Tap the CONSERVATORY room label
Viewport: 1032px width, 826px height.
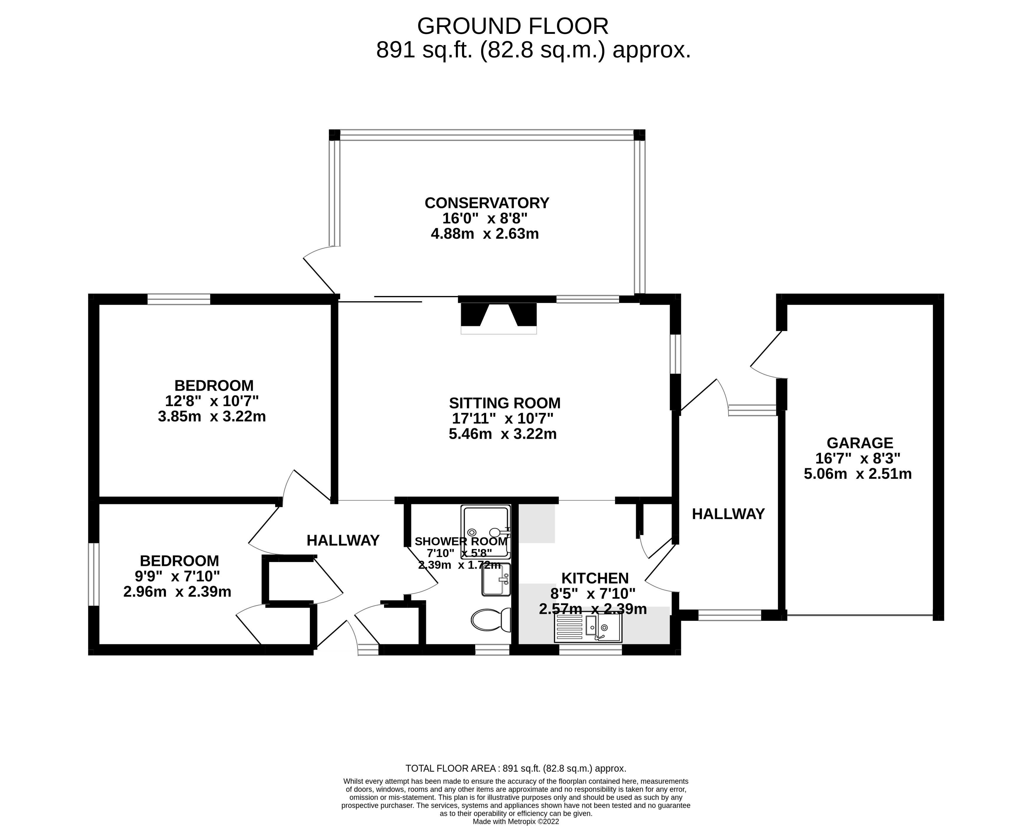tap(487, 203)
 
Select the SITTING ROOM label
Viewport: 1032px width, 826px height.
tap(504, 403)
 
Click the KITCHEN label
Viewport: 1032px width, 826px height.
tap(595, 578)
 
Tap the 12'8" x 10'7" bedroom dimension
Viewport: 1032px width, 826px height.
tap(212, 400)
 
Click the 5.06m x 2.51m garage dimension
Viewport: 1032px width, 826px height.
tap(858, 474)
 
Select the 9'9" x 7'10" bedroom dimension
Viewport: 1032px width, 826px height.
tap(177, 576)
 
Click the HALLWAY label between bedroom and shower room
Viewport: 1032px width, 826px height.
tap(343, 540)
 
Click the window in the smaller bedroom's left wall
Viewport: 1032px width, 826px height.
tap(94, 574)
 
